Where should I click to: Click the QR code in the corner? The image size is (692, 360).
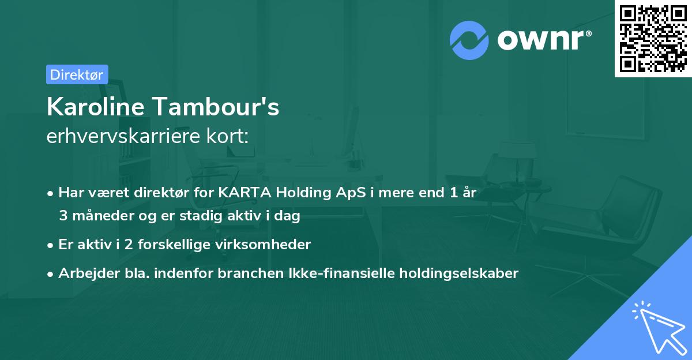pos(653,39)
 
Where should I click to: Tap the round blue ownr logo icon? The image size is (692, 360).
pos(469,40)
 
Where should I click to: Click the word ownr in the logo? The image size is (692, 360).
pos(543,40)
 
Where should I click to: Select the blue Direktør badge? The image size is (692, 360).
pos(77,74)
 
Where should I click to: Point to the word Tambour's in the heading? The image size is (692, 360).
pos(216,107)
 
